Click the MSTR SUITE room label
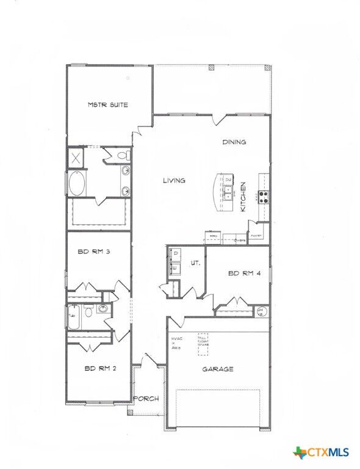coord(107,105)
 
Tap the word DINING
coord(234,142)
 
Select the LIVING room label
coord(174,180)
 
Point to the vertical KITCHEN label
coord(243,197)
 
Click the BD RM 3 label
coord(94,251)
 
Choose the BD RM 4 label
coord(245,274)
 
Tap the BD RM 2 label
coord(100,368)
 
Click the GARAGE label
coord(218,369)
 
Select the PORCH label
coord(146,399)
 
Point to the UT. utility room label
coord(196,263)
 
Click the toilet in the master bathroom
coord(124,156)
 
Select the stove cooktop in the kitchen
coord(264,197)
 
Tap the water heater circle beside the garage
coord(262,311)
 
